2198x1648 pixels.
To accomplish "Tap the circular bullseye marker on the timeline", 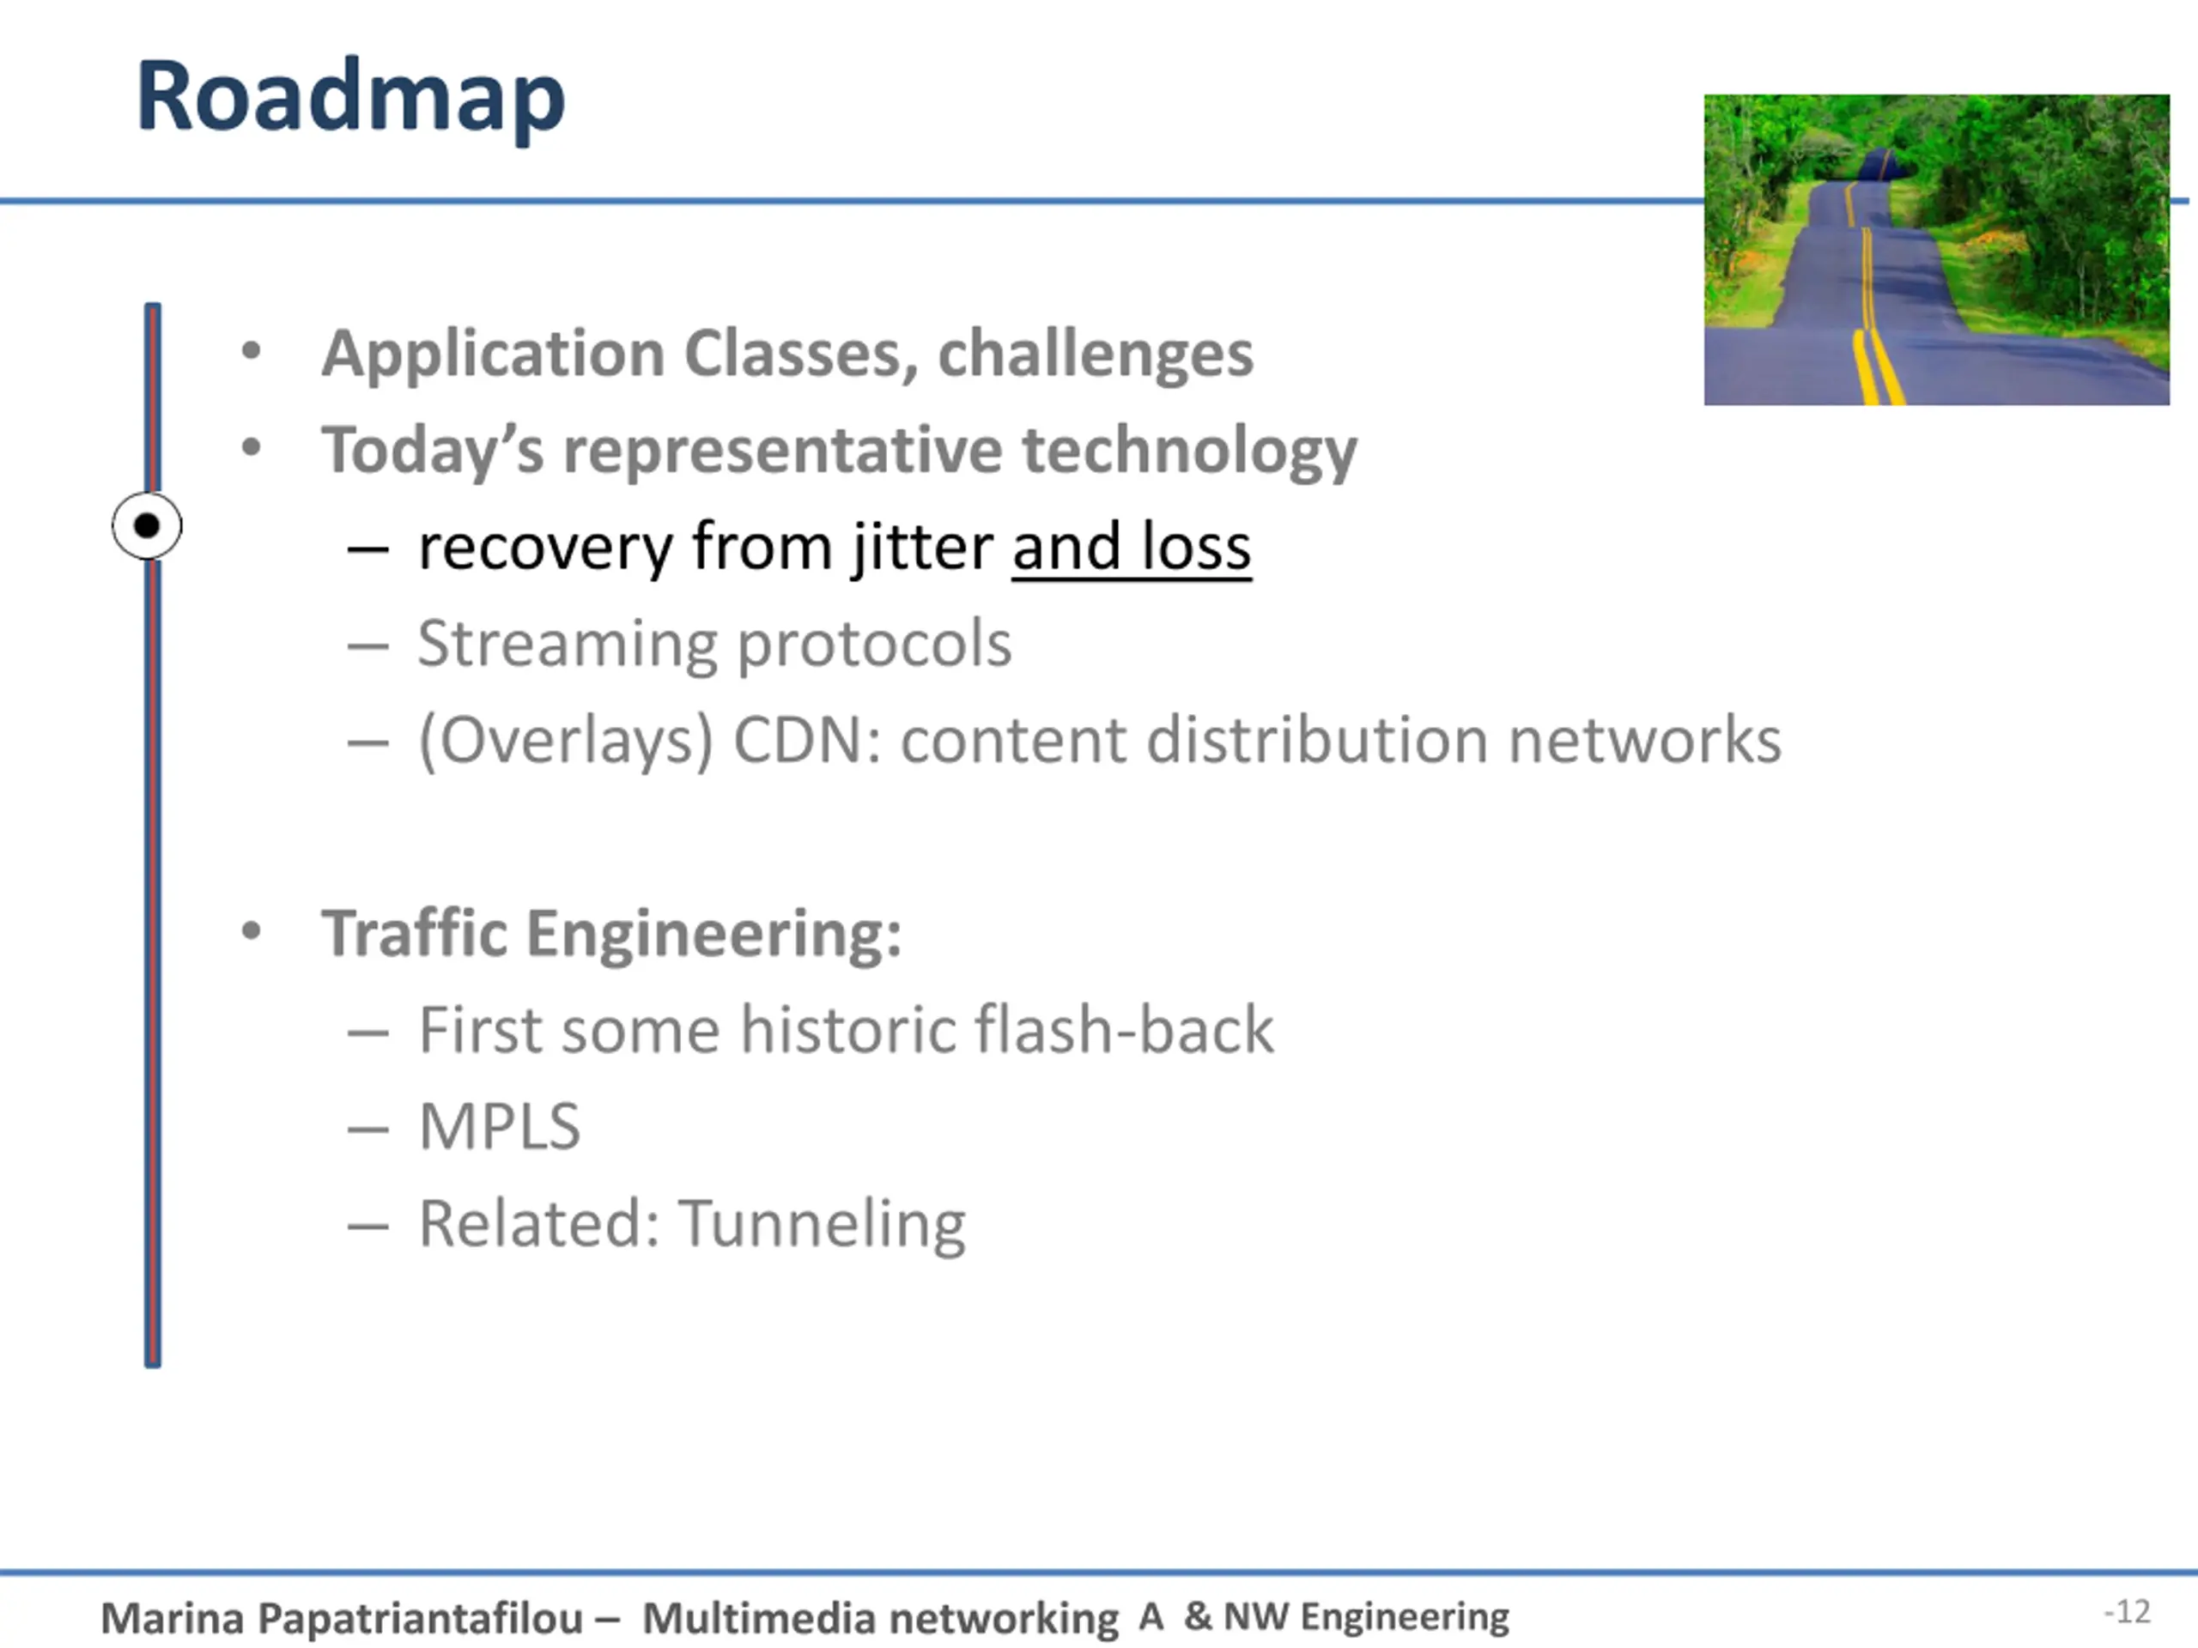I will pos(147,525).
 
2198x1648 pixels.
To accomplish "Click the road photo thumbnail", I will pos(1935,249).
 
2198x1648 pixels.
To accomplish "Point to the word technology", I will pos(1188,450).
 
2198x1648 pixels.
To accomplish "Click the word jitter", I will pos(921,547).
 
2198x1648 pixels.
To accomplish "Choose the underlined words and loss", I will pos(1131,547).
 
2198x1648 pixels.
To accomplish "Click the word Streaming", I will pos(567,644).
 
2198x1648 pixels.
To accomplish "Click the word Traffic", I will pos(415,934).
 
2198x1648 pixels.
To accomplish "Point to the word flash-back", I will pos(1124,1029).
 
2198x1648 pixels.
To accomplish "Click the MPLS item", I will pos(499,1126).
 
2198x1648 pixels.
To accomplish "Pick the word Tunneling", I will pos(822,1223).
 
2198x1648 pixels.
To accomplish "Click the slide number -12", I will pos(2127,1611).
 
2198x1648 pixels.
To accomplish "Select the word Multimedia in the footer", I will pos(752,1618).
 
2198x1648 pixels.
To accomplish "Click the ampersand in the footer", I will pos(1198,1615).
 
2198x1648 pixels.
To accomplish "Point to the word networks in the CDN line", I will pos(1644,740).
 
